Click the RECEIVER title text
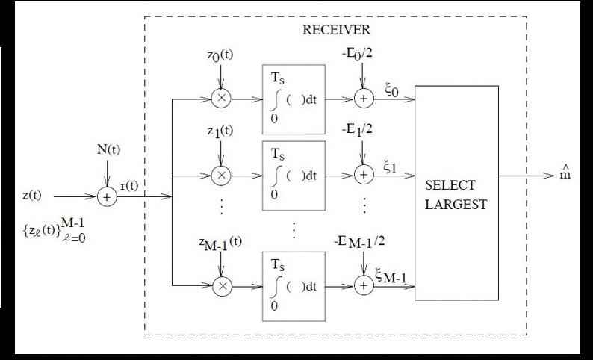coord(336,30)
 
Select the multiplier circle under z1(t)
coord(222,175)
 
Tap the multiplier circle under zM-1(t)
coord(222,285)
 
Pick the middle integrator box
coord(294,173)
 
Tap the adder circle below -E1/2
coord(363,175)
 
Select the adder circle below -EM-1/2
coord(363,285)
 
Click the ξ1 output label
coord(391,166)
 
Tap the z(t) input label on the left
coord(32,196)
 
